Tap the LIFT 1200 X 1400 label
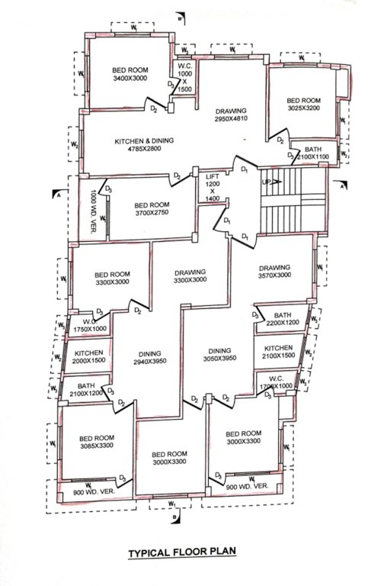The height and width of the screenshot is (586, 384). [x=213, y=187]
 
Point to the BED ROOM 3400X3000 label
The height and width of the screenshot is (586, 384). [x=130, y=74]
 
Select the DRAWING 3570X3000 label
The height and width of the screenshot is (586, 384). [x=274, y=272]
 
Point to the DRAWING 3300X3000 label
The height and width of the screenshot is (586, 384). [x=190, y=277]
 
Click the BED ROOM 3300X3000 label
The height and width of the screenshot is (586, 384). [x=113, y=278]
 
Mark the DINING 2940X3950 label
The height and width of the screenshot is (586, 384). [x=149, y=358]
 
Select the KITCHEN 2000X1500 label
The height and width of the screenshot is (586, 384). [x=89, y=357]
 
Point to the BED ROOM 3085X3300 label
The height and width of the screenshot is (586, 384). [x=96, y=443]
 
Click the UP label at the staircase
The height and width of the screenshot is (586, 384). [x=265, y=183]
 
